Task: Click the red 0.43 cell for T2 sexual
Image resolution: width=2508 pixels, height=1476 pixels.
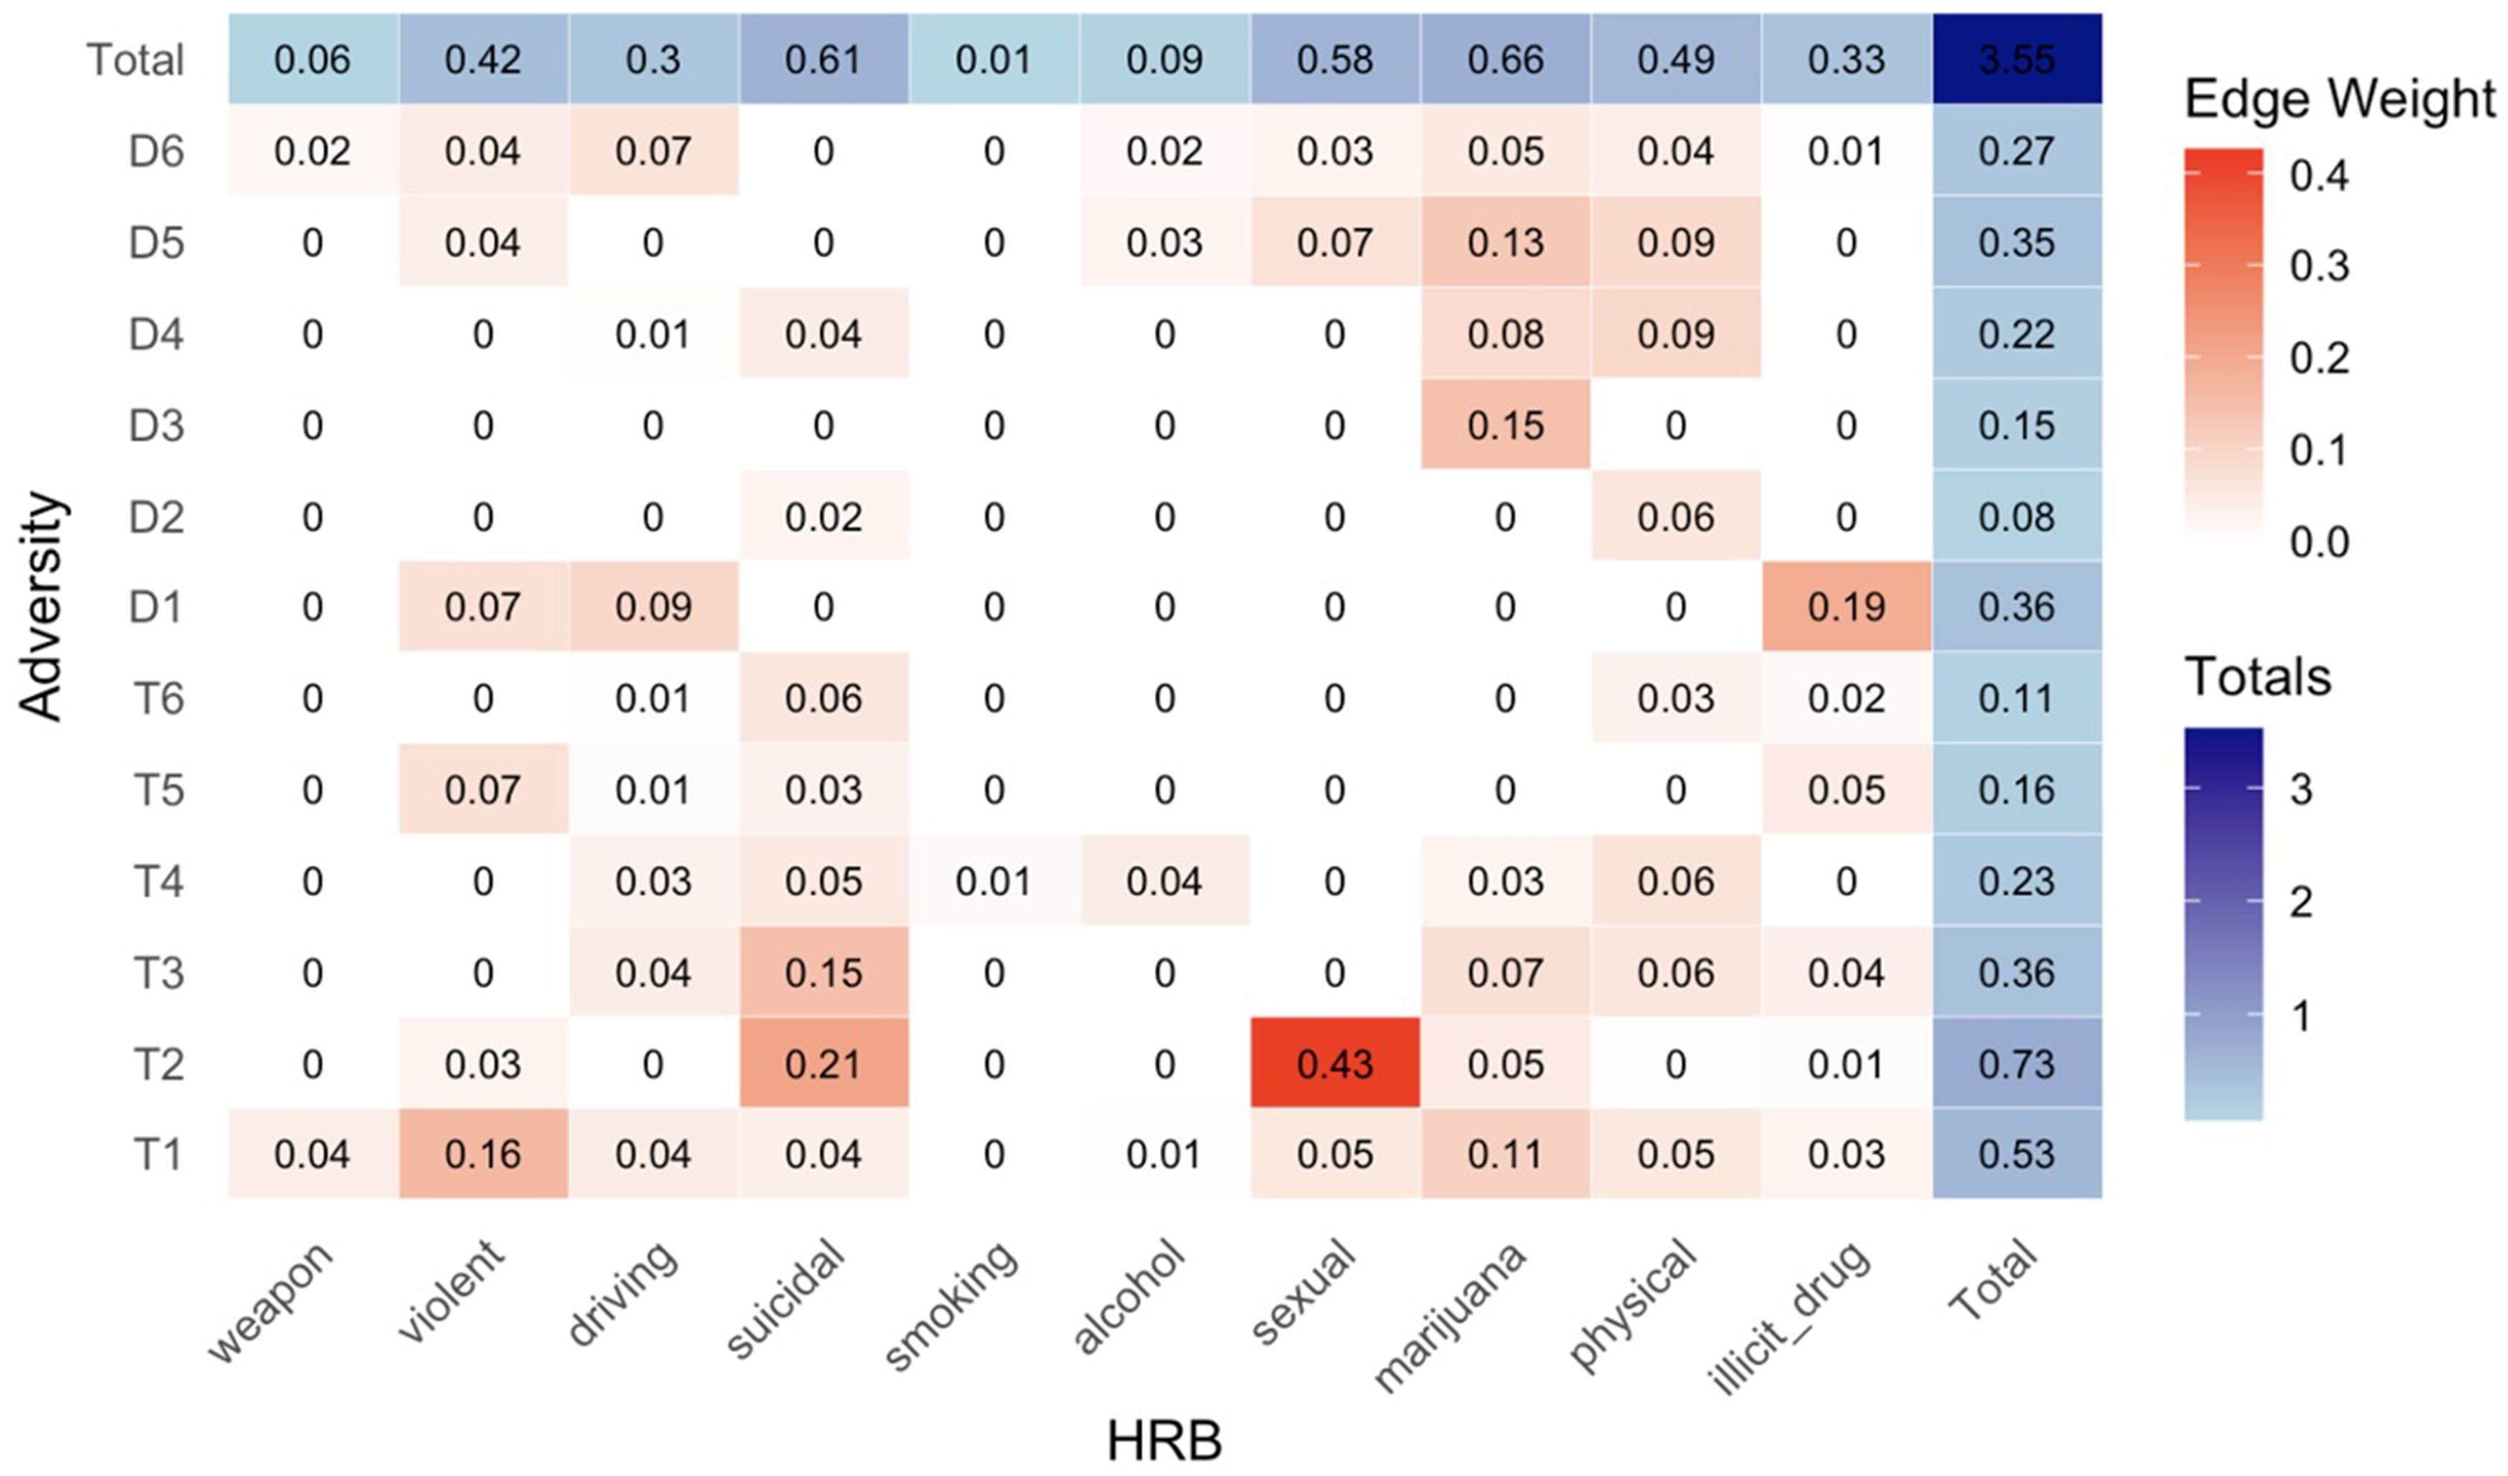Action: (1334, 1064)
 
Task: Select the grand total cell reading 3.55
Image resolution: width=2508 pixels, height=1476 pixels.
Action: (2016, 60)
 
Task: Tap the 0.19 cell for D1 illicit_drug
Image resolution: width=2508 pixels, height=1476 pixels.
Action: (1846, 607)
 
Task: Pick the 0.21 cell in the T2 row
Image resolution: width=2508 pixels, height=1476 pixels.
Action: (823, 1064)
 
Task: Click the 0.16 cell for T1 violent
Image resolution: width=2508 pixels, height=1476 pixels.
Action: (482, 1154)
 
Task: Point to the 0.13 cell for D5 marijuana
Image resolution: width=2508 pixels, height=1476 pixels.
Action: (1505, 243)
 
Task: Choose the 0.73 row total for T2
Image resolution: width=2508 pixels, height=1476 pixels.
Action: (2016, 1064)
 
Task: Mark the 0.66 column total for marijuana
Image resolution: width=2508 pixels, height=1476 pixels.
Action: (1505, 60)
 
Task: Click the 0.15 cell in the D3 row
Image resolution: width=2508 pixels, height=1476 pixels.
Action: (1505, 426)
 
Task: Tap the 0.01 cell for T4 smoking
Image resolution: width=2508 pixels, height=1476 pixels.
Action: (993, 882)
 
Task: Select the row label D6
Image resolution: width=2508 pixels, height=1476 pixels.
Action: (156, 152)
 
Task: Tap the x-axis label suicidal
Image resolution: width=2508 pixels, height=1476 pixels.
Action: (786, 1299)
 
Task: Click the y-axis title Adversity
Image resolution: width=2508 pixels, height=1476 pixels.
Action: (42, 607)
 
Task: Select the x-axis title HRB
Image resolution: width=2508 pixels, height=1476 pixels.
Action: (1164, 1441)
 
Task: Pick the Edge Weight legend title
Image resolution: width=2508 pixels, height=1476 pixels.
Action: (2339, 100)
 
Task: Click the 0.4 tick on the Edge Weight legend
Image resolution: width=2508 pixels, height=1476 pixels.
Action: (2319, 176)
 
